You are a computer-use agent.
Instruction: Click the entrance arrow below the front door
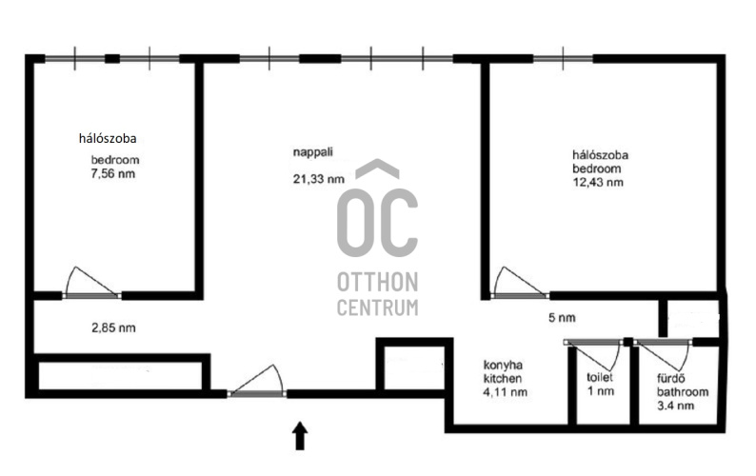pyautogui.click(x=300, y=435)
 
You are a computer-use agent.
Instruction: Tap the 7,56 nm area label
pyautogui.click(x=113, y=174)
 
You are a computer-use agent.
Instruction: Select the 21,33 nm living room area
pyautogui.click(x=319, y=179)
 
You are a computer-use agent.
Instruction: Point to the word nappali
pyautogui.click(x=313, y=152)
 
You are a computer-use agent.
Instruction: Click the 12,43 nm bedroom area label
pyautogui.click(x=598, y=182)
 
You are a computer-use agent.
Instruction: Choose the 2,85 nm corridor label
pyautogui.click(x=114, y=327)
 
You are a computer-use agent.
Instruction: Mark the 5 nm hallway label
pyautogui.click(x=562, y=318)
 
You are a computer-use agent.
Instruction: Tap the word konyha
pyautogui.click(x=503, y=365)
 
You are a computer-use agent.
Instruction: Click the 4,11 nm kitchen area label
pyautogui.click(x=505, y=392)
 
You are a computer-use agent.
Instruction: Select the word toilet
pyautogui.click(x=600, y=377)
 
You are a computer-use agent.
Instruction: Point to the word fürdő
pyautogui.click(x=670, y=379)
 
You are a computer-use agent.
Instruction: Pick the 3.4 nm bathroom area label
pyautogui.click(x=675, y=406)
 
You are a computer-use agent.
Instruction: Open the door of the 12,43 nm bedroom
pyautogui.click(x=520, y=283)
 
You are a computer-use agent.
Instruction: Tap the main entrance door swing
pyautogui.click(x=256, y=381)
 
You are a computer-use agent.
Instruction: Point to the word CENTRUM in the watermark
pyautogui.click(x=377, y=307)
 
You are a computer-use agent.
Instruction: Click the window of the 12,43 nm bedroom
pyautogui.click(x=563, y=59)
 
